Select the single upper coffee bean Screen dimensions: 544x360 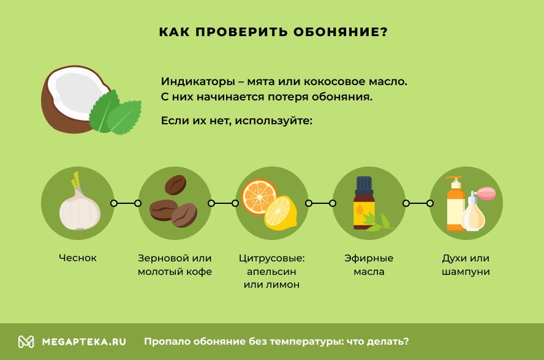[176, 184]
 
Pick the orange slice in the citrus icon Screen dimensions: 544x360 [259, 197]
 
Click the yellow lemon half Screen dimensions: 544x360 [281, 213]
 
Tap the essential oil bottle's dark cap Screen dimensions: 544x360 [364, 184]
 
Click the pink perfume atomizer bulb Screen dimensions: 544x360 [486, 193]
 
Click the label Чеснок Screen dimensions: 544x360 [78, 258]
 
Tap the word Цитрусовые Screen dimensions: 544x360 [271, 258]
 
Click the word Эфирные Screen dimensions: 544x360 [369, 258]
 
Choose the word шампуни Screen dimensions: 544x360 [466, 272]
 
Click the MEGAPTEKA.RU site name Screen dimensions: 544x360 [84, 342]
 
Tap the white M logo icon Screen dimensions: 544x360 [26, 342]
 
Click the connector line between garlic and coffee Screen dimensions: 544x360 [126, 203]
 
